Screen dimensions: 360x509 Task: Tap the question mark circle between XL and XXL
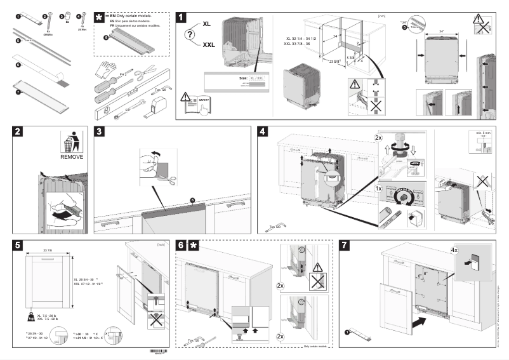tap(190, 35)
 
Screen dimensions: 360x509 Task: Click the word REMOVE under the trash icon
tap(71, 156)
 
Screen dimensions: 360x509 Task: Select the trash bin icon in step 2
tap(71, 141)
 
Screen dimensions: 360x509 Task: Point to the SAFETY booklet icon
tap(197, 103)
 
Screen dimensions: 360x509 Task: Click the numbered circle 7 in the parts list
tap(18, 91)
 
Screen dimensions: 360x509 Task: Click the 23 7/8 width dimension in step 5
tap(48, 250)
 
